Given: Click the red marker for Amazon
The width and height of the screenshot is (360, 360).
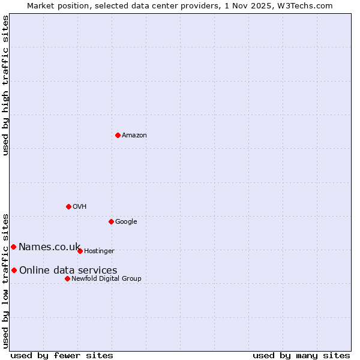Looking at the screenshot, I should coord(118,135).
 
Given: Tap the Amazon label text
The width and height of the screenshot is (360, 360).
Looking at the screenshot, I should coord(134,136).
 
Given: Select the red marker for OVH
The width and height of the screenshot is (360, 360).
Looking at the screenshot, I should coord(68,206).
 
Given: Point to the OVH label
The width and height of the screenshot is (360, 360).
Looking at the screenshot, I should coord(80,207).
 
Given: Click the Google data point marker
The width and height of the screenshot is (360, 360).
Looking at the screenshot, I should coord(111,221).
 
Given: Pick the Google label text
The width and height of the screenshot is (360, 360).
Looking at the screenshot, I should coord(126,222).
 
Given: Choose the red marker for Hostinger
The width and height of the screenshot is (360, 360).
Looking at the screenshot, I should coord(80,251).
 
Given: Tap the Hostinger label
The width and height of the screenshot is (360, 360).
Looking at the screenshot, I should coord(99,251).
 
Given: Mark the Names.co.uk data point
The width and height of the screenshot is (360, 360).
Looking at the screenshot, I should coord(13,247).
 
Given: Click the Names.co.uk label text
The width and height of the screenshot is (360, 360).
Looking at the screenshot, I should coord(49,247).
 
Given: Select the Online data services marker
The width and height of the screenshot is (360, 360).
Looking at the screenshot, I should coord(14,270).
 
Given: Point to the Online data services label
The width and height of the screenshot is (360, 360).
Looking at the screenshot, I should coord(68,271).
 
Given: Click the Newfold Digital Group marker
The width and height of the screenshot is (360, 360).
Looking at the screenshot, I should coord(67,278).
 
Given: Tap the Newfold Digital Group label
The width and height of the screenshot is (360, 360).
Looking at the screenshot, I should coord(106,279).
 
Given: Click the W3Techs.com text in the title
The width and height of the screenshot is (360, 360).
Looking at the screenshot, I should coord(308,6).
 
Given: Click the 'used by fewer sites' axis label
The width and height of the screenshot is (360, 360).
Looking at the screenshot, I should coord(62,356).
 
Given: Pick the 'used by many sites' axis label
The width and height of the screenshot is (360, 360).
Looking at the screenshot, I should coord(301,356).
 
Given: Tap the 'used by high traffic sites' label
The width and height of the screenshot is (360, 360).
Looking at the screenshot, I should coord(5,85).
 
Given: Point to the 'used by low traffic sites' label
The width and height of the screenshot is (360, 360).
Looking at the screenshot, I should coord(5,280).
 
